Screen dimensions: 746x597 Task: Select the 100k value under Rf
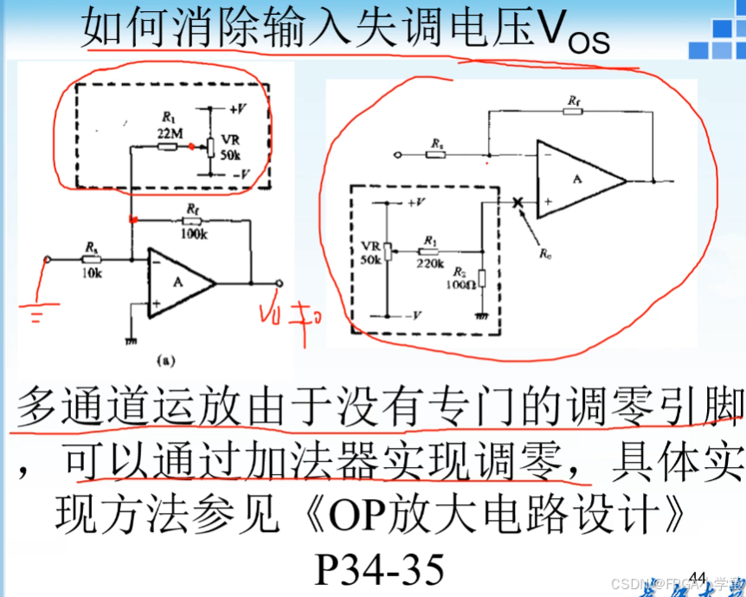pyautogui.click(x=193, y=234)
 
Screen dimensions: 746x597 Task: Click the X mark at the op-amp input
pyautogui.click(x=518, y=202)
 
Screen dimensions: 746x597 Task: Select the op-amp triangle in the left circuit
pyautogui.click(x=177, y=282)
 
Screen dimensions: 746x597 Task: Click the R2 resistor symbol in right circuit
pyautogui.click(x=481, y=278)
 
